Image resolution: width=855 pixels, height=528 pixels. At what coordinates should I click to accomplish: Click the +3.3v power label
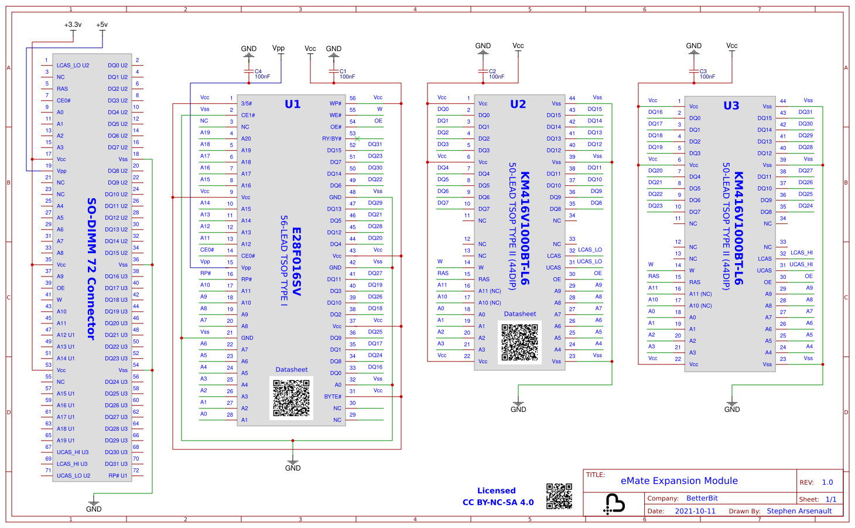point(73,25)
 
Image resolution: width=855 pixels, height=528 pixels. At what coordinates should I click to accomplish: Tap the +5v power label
point(102,25)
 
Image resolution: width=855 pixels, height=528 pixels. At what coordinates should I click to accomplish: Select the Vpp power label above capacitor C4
point(278,48)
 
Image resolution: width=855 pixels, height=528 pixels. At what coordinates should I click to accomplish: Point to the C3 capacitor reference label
point(703,71)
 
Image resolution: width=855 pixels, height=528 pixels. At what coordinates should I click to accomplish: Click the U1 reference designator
point(292,104)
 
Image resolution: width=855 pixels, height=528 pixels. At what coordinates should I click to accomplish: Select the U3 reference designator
point(731,105)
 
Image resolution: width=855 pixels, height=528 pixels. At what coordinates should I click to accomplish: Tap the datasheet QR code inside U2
point(519,342)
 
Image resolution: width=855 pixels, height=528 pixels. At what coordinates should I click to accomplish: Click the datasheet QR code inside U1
point(291,398)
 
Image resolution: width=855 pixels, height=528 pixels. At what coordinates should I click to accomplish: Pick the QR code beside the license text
point(559,496)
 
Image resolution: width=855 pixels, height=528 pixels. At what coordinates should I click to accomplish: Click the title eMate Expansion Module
point(679,481)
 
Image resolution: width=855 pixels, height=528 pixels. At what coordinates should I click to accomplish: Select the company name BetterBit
point(702,498)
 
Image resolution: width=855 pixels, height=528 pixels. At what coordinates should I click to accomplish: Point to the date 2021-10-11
point(695,511)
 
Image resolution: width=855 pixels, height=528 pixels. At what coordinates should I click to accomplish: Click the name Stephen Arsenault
point(799,511)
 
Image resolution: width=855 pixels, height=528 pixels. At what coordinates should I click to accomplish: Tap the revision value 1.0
point(827,482)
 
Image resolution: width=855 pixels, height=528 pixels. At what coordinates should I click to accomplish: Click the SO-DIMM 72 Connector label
point(91,268)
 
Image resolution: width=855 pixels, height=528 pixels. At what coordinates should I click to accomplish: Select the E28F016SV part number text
point(296,261)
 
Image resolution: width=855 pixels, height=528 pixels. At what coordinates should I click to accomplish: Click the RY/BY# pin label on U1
point(331,139)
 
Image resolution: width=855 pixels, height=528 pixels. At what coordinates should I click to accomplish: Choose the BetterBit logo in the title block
point(614,503)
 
